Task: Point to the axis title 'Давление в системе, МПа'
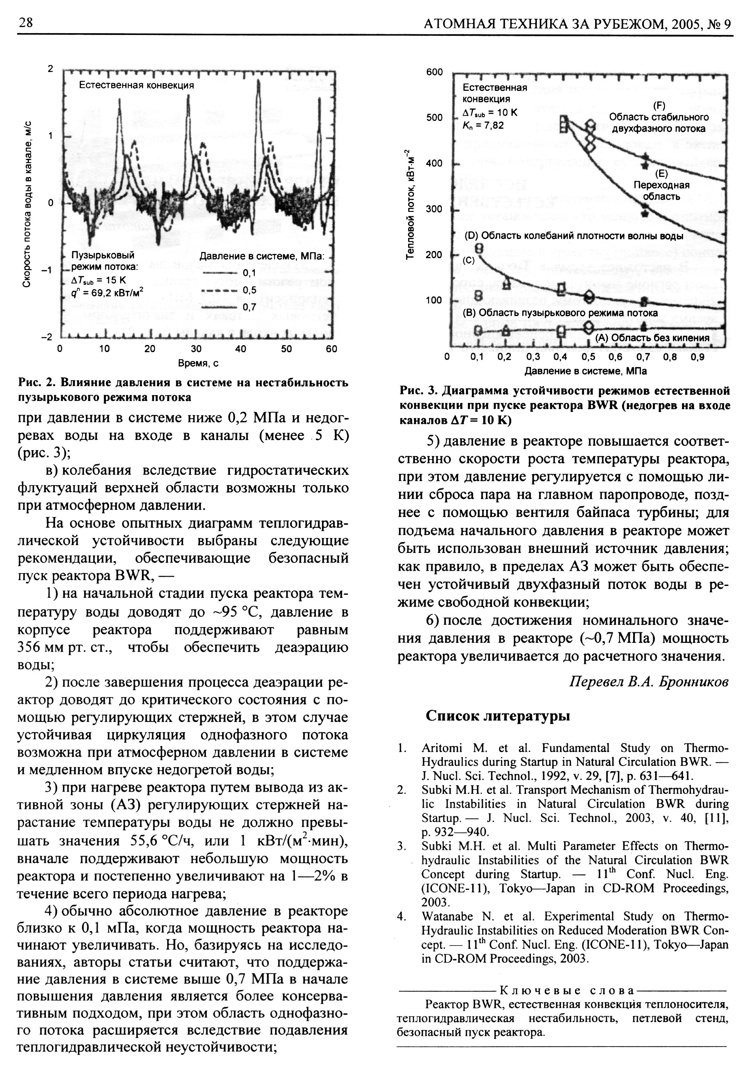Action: [585, 371]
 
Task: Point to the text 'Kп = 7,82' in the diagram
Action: [483, 125]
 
